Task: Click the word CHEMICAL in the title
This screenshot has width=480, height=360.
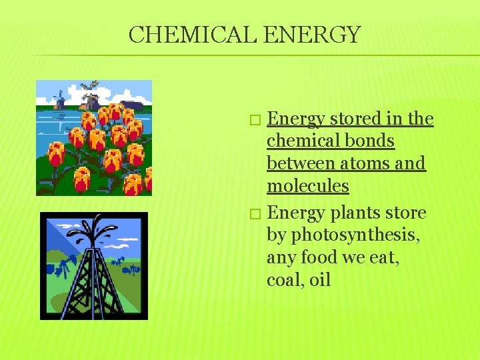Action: [193, 35]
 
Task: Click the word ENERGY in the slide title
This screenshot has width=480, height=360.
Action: [312, 35]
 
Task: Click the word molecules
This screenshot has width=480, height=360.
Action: [307, 185]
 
